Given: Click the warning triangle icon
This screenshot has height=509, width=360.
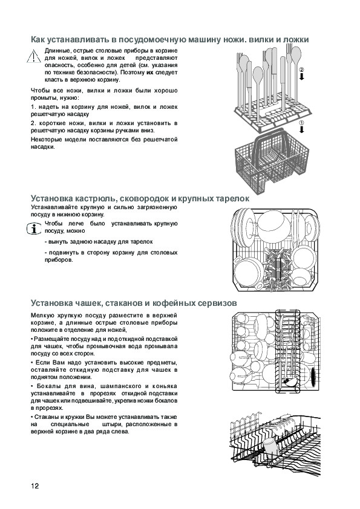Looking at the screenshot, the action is [x=34, y=56].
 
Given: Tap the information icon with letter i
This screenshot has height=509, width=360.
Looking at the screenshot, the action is [x=34, y=229].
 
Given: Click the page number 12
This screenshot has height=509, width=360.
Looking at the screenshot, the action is [x=34, y=486].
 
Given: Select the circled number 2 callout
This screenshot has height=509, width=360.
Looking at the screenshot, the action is [x=301, y=70].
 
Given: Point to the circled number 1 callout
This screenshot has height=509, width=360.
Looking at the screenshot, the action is [x=301, y=123].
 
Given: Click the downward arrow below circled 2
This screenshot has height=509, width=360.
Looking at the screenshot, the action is [x=301, y=77].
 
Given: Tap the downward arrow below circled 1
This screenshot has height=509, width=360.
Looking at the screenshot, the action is [x=301, y=130].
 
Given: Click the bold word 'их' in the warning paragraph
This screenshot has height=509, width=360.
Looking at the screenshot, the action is [x=149, y=73].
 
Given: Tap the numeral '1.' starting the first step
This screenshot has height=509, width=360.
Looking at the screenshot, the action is [x=33, y=107].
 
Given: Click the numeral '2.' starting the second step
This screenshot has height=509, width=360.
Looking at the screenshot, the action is [x=33, y=123].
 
